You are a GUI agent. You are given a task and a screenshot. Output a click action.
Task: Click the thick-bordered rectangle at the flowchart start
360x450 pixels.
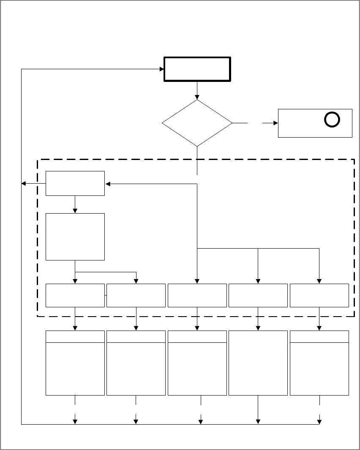click(x=197, y=69)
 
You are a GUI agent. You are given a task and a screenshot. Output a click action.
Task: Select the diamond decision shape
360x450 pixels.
click(x=197, y=123)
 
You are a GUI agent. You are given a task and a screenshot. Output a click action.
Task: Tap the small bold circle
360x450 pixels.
click(x=331, y=120)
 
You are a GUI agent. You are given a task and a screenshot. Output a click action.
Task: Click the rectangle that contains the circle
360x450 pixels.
click(x=315, y=123)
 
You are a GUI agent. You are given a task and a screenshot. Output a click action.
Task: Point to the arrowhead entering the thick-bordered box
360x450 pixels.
click(x=161, y=69)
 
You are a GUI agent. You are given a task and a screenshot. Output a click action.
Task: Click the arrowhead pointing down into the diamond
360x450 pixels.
click(x=197, y=97)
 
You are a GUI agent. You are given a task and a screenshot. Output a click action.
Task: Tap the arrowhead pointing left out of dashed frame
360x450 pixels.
click(x=24, y=184)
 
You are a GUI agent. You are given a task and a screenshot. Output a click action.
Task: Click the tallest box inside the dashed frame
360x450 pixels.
click(x=75, y=236)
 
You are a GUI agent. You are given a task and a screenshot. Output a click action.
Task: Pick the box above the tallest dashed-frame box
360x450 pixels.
click(x=75, y=183)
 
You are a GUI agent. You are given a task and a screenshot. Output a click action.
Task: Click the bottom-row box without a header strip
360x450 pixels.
click(x=258, y=363)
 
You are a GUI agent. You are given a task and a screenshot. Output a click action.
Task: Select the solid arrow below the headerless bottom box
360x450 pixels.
click(x=258, y=409)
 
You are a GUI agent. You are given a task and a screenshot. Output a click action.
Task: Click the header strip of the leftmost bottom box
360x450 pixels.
click(x=75, y=336)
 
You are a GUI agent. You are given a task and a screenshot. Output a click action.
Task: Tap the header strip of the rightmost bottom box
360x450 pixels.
click(x=319, y=336)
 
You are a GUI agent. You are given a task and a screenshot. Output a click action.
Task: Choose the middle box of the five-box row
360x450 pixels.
click(x=197, y=295)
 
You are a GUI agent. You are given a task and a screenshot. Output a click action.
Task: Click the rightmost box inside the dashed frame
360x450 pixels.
click(x=319, y=295)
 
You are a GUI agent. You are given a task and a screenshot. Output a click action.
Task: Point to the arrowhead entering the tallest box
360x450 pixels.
click(x=75, y=211)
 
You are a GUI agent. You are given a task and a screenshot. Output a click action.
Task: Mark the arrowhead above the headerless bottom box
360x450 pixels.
click(x=258, y=328)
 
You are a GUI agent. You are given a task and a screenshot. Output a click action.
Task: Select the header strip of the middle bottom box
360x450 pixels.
click(x=197, y=336)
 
